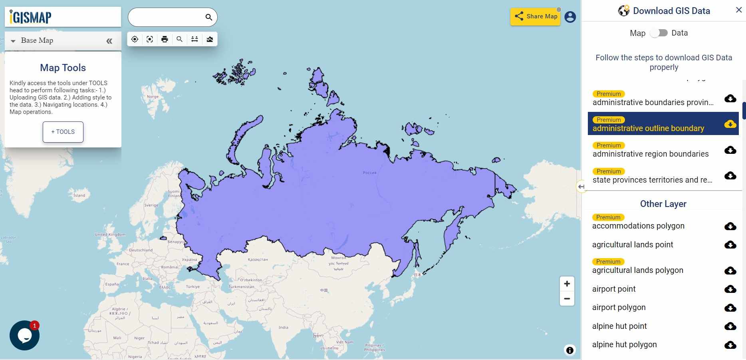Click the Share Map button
(x=535, y=16)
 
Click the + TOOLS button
(x=63, y=132)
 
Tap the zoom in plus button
(x=567, y=284)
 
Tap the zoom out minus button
(x=567, y=298)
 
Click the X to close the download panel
(x=738, y=10)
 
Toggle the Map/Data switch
(x=659, y=33)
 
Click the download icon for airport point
(x=730, y=289)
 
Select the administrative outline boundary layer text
(x=648, y=128)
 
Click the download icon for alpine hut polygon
(x=730, y=344)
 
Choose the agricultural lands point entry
(x=633, y=245)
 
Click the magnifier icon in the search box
(x=208, y=17)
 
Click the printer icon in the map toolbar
(x=165, y=39)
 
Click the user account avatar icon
(x=570, y=17)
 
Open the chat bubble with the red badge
(x=24, y=336)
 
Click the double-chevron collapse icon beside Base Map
(x=109, y=41)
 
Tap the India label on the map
(x=283, y=327)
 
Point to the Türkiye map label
(x=192, y=286)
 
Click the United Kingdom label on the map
(x=110, y=235)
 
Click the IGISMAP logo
(x=31, y=17)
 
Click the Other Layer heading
(x=663, y=204)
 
